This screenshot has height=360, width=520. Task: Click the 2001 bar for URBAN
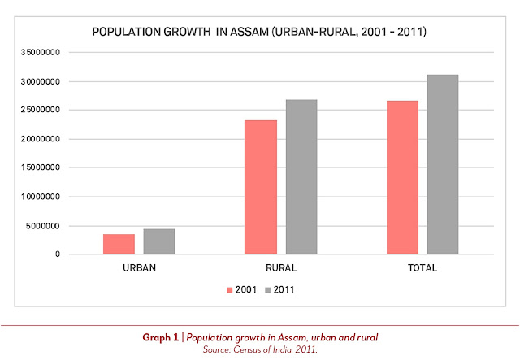[119, 244]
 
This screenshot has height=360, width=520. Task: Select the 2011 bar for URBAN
[158, 241]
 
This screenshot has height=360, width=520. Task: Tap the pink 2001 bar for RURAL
[260, 187]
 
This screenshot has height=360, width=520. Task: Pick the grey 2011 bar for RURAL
[301, 177]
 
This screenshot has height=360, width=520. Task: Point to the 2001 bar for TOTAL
[402, 177]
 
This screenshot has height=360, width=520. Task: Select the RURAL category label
[280, 267]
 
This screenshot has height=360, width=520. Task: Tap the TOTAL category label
[422, 267]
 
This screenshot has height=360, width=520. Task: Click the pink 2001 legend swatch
[229, 288]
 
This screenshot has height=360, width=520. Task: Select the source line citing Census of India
[260, 349]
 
